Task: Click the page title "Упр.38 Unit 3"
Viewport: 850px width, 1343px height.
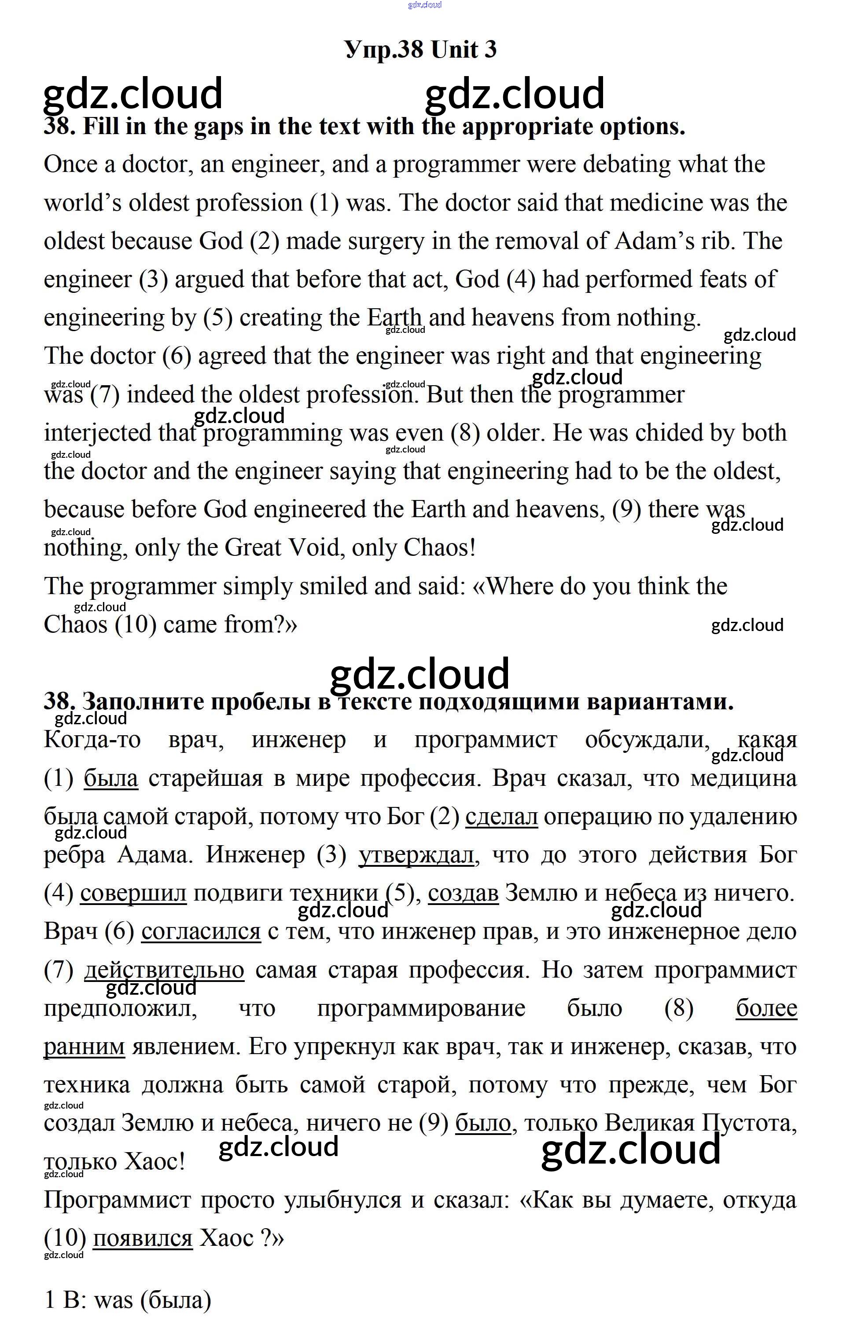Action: pos(420,50)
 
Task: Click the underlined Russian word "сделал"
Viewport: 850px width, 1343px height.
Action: pos(501,817)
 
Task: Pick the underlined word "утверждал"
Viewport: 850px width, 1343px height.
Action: pos(416,855)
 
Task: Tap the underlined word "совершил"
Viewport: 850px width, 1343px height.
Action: pos(133,894)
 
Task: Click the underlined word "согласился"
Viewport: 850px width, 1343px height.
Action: pos(201,931)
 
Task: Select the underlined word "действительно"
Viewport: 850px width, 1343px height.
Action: pos(164,971)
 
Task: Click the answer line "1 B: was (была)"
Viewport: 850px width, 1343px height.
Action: pos(128,1300)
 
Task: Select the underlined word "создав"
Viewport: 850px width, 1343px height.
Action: pos(463,894)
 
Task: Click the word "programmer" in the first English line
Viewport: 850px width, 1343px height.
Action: pos(456,164)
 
